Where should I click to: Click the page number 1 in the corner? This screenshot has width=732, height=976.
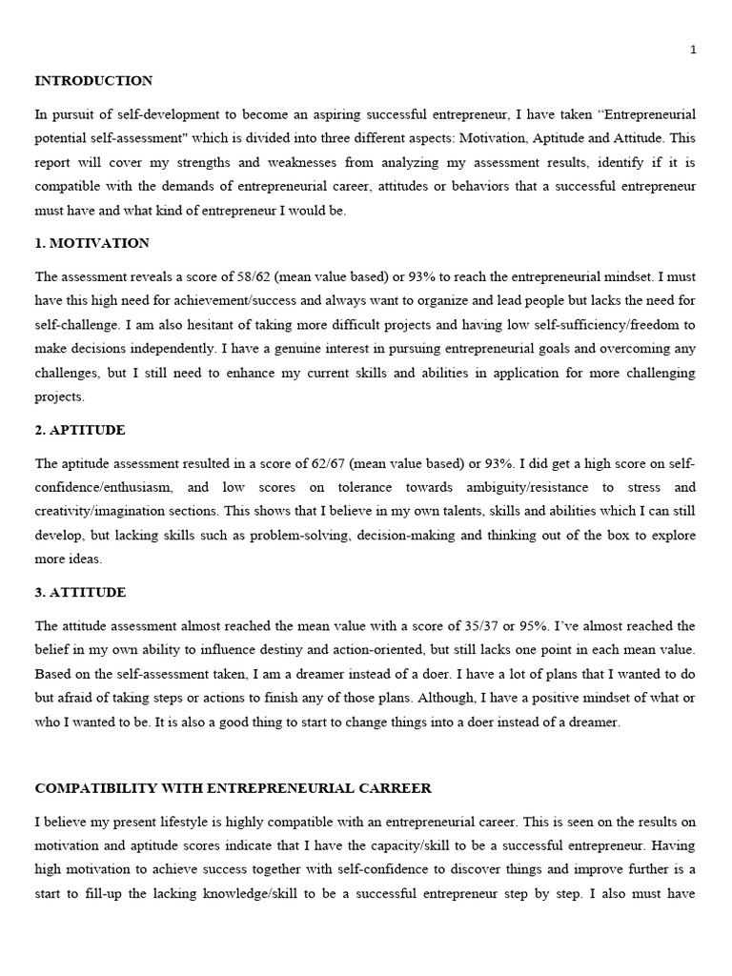pyautogui.click(x=694, y=50)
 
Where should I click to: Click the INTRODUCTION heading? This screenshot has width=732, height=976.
pyautogui.click(x=93, y=81)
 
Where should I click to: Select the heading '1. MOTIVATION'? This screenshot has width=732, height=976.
pyautogui.click(x=92, y=243)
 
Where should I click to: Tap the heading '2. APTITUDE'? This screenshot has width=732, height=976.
pyautogui.click(x=80, y=430)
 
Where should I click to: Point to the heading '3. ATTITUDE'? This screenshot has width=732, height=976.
pyautogui.click(x=80, y=592)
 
